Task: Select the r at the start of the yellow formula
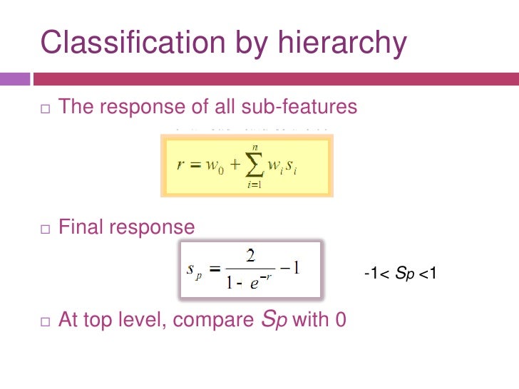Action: tap(181, 166)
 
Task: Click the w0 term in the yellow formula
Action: tap(215, 167)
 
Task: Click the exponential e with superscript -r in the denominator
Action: tap(259, 281)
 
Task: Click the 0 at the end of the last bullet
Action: tap(340, 319)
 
